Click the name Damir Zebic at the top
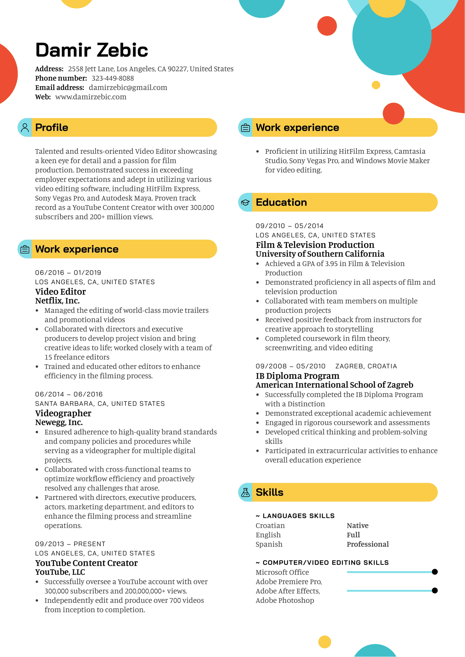coord(92,50)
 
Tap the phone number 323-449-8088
coord(112,78)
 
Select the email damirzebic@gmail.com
coord(128,88)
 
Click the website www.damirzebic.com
coord(91,97)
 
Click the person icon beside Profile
coord(25,128)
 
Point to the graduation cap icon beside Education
coord(245,203)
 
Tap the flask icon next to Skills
coord(245,492)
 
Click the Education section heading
coord(281,203)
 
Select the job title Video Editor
coord(60,291)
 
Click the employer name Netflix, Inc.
coord(57,301)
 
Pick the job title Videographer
coord(63,413)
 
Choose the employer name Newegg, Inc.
coord(59,422)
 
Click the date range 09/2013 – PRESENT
coord(70,544)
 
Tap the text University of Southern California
coord(320,254)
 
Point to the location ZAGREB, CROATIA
coord(366,366)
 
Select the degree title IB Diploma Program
coord(297,376)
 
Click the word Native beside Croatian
coord(357,526)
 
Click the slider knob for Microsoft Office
coord(435,572)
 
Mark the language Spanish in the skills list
coord(269,544)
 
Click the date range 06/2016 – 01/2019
coord(68,273)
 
